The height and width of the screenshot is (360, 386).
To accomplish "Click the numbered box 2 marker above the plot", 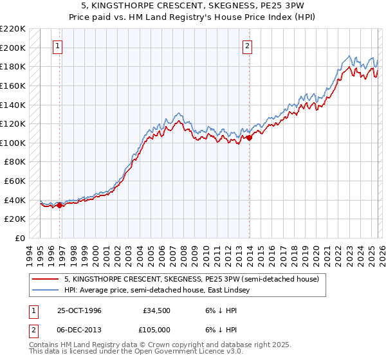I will coord(248,46).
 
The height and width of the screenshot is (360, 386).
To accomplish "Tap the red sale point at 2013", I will coord(248,137).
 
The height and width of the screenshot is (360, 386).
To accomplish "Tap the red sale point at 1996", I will coord(60,206).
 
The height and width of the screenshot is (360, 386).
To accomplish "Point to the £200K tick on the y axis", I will coord(13,48).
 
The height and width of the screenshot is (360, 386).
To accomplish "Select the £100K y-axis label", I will coord(13,143).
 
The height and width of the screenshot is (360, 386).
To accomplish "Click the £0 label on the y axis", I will coord(19,238).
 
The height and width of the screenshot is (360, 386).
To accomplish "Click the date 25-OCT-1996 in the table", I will coord(79,310).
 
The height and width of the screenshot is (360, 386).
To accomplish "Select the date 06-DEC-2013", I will coord(79,329).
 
